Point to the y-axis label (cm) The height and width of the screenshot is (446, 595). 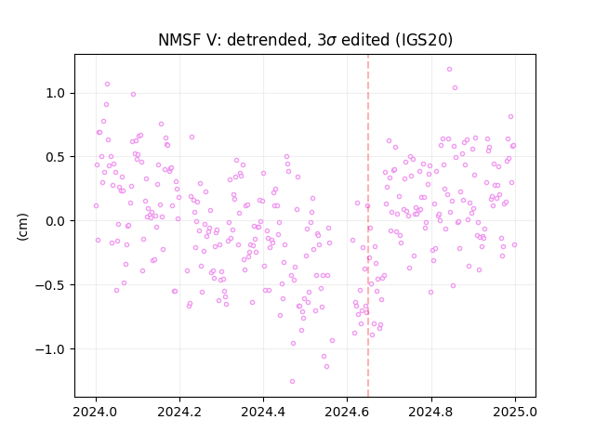pyautogui.click(x=22, y=227)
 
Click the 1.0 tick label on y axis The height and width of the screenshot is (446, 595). pyautogui.click(x=56, y=93)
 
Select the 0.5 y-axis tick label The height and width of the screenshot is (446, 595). pyautogui.click(x=56, y=157)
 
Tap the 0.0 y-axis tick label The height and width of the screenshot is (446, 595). pyautogui.click(x=56, y=221)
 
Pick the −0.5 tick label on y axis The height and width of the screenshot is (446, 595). pyautogui.click(x=50, y=285)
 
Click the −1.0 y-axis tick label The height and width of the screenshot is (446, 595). pyautogui.click(x=50, y=349)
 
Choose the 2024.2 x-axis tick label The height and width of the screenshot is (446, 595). pyautogui.click(x=179, y=412)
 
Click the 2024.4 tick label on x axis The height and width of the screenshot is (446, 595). pyautogui.click(x=263, y=412)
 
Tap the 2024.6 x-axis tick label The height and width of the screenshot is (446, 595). pyautogui.click(x=347, y=412)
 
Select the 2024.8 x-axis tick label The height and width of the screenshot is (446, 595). pyautogui.click(x=430, y=412)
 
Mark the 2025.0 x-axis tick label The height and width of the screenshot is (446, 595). pyautogui.click(x=515, y=412)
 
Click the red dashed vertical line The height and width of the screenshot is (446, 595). pyautogui.click(x=368, y=226)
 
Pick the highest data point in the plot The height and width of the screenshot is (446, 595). pyautogui.click(x=449, y=70)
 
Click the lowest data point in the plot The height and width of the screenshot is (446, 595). pyautogui.click(x=292, y=382)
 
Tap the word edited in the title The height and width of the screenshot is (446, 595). pyautogui.click(x=365, y=40)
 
